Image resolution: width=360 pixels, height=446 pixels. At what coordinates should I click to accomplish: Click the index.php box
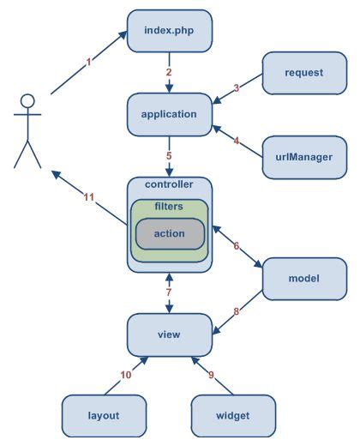169,32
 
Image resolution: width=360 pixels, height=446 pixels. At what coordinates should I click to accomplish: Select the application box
169,114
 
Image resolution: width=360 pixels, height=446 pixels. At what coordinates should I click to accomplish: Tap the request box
303,73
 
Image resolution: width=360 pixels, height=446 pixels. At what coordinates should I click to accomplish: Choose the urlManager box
303,157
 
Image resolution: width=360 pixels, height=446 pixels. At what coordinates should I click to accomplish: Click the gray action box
169,233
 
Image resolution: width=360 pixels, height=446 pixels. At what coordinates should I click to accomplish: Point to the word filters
169,207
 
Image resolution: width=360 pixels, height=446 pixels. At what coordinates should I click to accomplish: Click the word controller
169,184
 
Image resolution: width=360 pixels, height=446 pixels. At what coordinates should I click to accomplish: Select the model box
303,279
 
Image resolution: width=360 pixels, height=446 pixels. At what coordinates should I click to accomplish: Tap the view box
169,334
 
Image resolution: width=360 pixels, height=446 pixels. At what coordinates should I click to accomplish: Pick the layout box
103,415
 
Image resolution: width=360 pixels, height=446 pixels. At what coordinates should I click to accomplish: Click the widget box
233,415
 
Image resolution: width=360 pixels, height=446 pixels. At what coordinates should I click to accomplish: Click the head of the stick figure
28,101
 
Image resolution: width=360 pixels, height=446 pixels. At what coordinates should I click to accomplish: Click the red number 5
169,156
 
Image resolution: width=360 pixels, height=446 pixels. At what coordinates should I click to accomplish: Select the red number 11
87,197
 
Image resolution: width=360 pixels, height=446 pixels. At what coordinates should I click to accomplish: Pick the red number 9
210,375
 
